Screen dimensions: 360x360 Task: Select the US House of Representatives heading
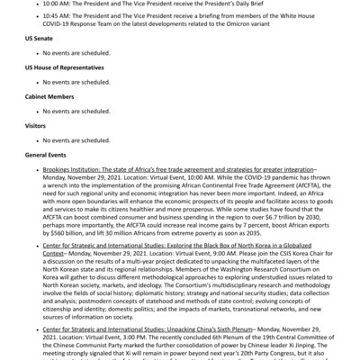64,68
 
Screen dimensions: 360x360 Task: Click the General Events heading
45,155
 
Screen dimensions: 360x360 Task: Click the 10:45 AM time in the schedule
58,17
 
